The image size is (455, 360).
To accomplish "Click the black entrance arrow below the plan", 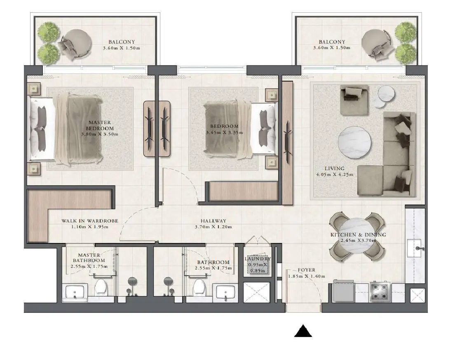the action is [x=303, y=331].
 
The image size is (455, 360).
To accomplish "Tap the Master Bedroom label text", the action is [x=100, y=125].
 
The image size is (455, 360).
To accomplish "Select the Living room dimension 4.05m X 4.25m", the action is [x=335, y=175].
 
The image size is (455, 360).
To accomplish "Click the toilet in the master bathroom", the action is [x=101, y=287].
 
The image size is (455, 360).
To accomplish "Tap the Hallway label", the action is [x=213, y=221].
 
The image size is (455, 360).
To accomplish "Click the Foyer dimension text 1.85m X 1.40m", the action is [x=307, y=276].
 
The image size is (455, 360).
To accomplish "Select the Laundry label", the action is [x=258, y=259].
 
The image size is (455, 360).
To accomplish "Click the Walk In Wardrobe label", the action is [x=90, y=221].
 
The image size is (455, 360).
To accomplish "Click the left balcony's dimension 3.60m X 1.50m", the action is [x=122, y=48].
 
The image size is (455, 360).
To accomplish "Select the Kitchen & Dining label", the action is [x=359, y=235].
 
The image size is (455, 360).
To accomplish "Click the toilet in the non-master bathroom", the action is [x=199, y=287].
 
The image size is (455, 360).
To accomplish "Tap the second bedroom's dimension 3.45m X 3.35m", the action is [x=224, y=132].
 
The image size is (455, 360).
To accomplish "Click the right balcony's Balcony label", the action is [x=332, y=42].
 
